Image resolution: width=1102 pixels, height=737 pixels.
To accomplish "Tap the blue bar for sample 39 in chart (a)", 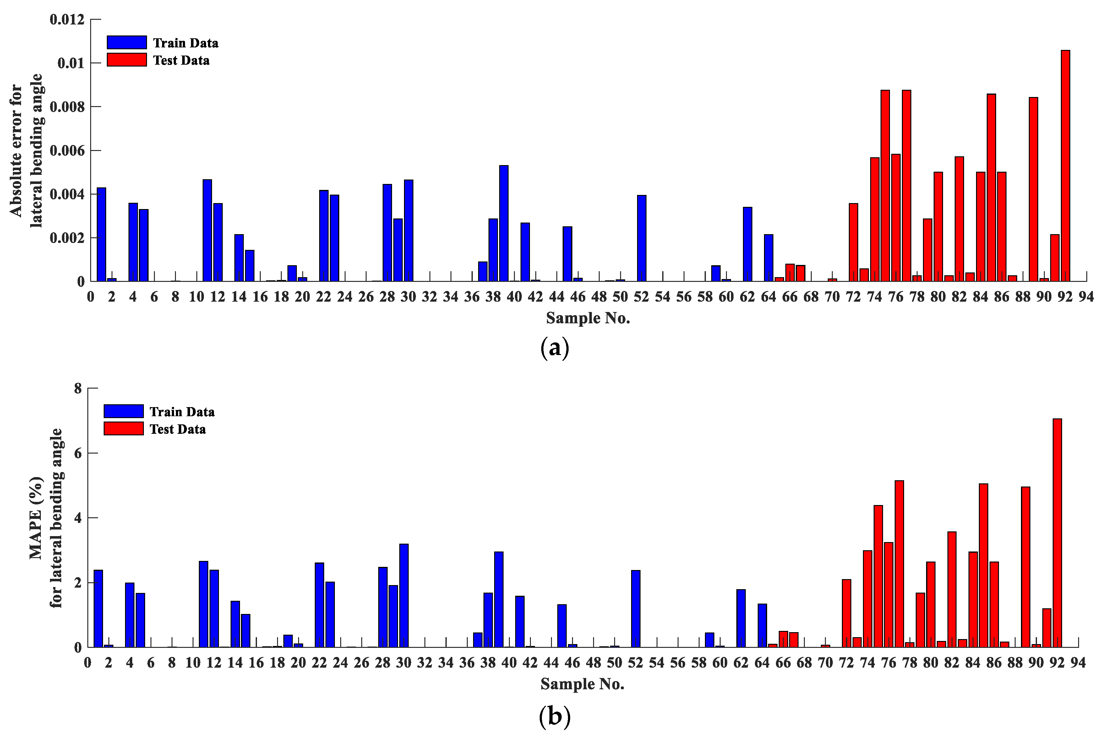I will tap(504, 223).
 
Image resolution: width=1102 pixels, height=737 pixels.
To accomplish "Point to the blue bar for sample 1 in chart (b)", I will tap(98, 608).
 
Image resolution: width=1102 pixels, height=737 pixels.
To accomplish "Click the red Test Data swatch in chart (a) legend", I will tap(127, 60).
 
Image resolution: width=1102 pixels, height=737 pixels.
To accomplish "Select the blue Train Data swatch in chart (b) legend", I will tap(123, 411).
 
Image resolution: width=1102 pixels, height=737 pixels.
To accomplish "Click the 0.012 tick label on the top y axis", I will tap(67, 20).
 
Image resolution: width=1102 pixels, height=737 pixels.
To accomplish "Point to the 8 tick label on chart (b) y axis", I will tap(78, 388).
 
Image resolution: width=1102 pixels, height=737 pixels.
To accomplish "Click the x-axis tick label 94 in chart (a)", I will tap(1086, 297).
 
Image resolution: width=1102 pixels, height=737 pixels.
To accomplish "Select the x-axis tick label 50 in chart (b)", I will tap(614, 662).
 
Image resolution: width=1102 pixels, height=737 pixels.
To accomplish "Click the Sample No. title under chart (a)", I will tap(587, 318).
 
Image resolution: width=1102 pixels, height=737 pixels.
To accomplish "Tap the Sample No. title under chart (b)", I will tap(582, 684).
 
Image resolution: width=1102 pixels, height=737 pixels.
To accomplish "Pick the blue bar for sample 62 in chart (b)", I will tap(741, 618).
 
